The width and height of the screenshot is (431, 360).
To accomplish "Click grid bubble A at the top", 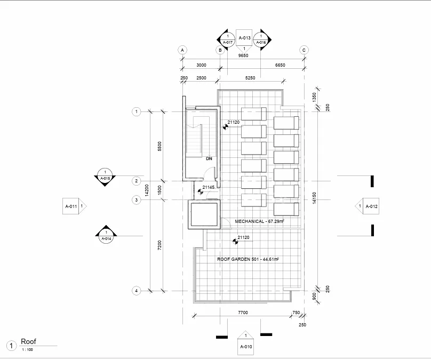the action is pyautogui.click(x=182, y=50).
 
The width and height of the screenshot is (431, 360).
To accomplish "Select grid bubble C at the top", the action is pyautogui.click(x=304, y=50).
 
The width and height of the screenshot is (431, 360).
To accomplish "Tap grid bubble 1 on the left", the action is pyautogui.click(x=137, y=111).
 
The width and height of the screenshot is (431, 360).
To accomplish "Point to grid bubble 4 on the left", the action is pyautogui.click(x=137, y=291).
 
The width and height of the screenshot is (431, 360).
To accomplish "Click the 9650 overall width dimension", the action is pyautogui.click(x=243, y=55).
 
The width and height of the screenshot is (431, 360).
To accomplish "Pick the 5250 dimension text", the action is pyautogui.click(x=250, y=78).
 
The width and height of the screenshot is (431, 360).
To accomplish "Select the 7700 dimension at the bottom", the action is pyautogui.click(x=243, y=313).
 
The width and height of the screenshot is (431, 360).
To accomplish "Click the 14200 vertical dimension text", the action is pyautogui.click(x=147, y=190).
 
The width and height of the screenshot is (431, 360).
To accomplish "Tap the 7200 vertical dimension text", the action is pyautogui.click(x=159, y=245).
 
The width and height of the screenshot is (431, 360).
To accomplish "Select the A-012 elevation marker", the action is pyautogui.click(x=367, y=206).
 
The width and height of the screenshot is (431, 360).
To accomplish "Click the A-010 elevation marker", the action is pyautogui.click(x=246, y=343).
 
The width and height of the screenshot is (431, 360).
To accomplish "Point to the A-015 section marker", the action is pyautogui.click(x=105, y=177).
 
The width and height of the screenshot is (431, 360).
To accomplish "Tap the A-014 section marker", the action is pyautogui.click(x=106, y=235).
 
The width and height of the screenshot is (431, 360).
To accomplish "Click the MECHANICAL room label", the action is pyautogui.click(x=250, y=221).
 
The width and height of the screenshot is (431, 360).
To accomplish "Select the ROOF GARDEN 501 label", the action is pyautogui.click(x=234, y=259).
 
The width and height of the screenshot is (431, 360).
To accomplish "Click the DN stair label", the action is pyautogui.click(x=209, y=158).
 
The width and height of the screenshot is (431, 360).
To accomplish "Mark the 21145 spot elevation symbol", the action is pyautogui.click(x=201, y=192).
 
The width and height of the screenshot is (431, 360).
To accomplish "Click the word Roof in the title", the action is pyautogui.click(x=29, y=341).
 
